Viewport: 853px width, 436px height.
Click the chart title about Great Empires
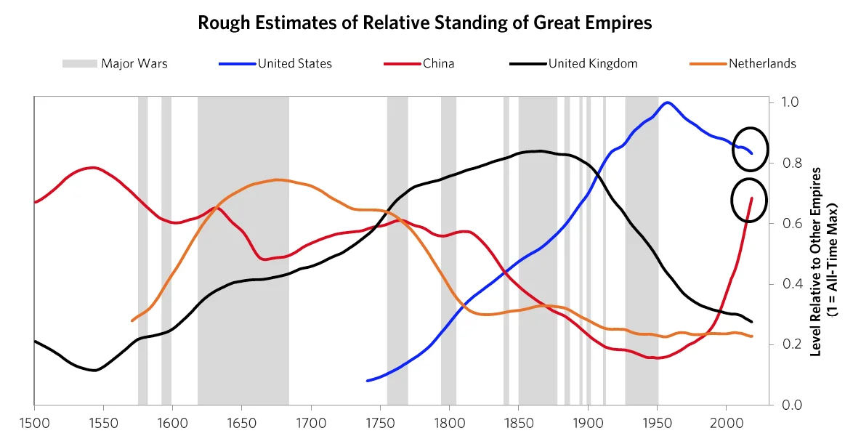[x=425, y=23]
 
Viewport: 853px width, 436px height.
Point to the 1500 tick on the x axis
[x=34, y=421]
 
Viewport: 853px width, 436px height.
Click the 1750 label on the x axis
[x=380, y=421]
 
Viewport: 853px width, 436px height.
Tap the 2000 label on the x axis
[x=727, y=421]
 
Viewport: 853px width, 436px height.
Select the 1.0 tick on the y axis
[x=791, y=102]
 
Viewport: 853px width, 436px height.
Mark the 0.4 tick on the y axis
[x=791, y=284]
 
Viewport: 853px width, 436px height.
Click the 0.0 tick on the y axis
[x=791, y=405]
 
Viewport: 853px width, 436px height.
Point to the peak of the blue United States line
[x=667, y=102]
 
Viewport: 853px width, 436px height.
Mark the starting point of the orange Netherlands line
[x=132, y=320]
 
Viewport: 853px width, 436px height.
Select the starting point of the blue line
[x=368, y=381]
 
